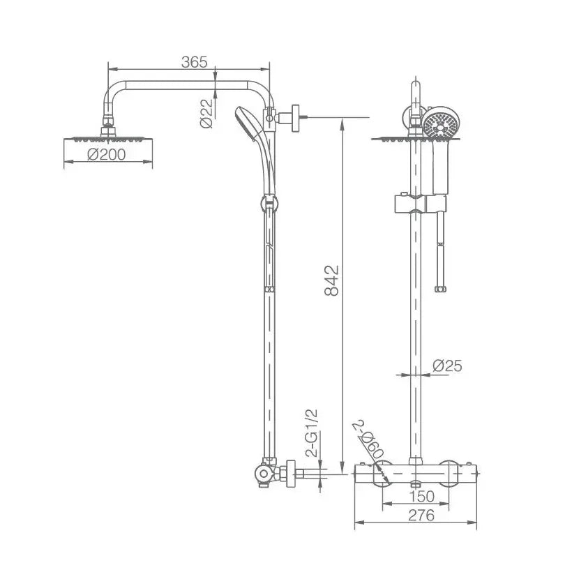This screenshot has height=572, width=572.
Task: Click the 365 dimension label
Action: [x=194, y=62]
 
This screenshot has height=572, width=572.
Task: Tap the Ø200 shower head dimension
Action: [x=107, y=154]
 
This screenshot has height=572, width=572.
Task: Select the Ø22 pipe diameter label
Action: [x=206, y=113]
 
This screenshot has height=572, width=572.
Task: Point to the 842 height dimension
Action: [x=331, y=280]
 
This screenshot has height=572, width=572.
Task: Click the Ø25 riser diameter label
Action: [x=447, y=366]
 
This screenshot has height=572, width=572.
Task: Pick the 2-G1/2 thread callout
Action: [x=313, y=433]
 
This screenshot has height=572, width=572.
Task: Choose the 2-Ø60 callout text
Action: [x=368, y=439]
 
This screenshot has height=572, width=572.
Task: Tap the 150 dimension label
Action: [x=422, y=496]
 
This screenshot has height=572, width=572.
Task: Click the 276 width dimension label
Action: [x=422, y=515]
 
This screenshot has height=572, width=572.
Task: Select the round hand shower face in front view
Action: [x=442, y=125]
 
